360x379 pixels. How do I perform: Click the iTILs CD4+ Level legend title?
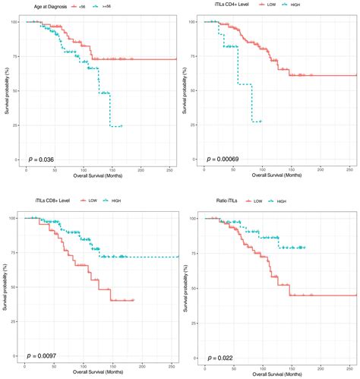[x=223, y=7]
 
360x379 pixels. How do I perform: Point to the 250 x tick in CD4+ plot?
[x=347, y=170]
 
